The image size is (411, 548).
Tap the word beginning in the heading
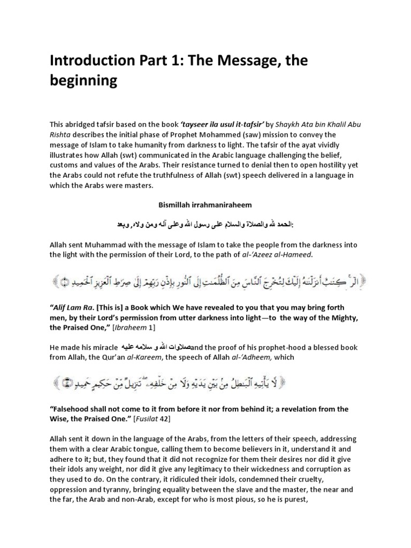pos(83,82)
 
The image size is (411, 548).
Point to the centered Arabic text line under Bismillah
pos(205,221)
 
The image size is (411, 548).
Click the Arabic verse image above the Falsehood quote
pos(205,383)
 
